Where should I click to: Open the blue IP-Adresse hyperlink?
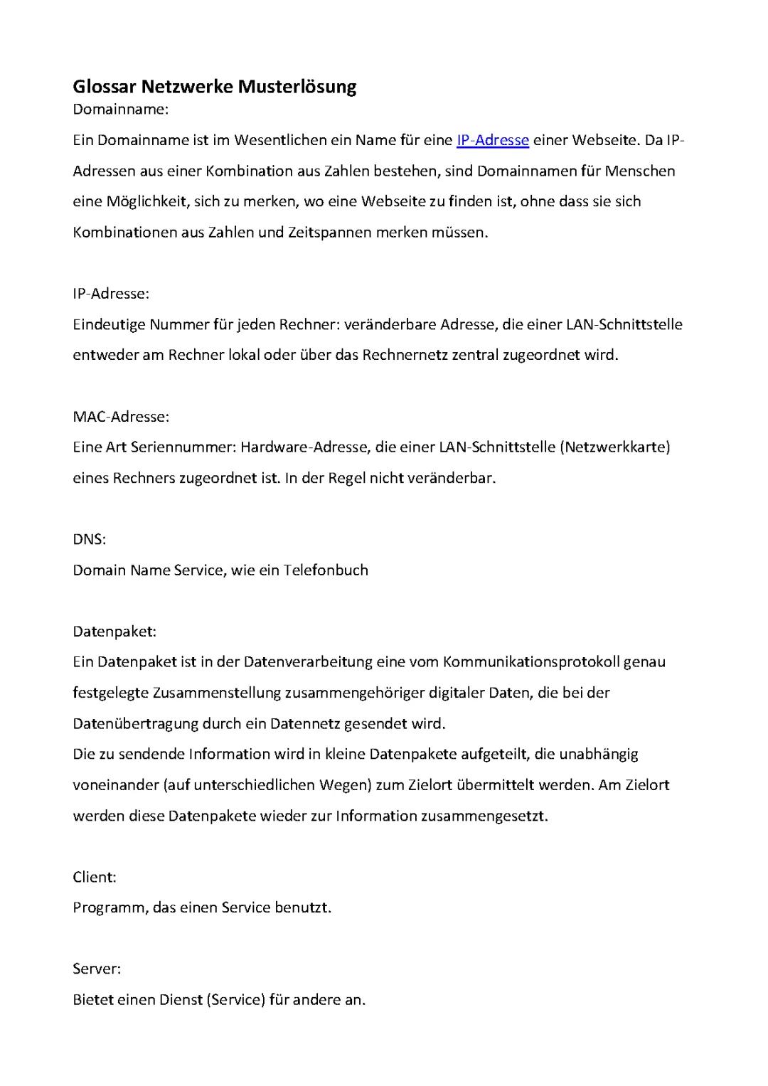click(x=492, y=140)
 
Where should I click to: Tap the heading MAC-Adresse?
click(x=121, y=416)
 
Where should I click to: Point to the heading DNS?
click(x=89, y=539)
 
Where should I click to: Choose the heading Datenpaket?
click(x=114, y=632)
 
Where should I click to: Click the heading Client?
click(x=95, y=877)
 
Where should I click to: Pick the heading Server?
click(x=97, y=969)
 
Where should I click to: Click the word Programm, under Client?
click(x=110, y=908)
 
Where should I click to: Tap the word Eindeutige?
click(x=108, y=325)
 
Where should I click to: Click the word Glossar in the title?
click(x=105, y=87)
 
